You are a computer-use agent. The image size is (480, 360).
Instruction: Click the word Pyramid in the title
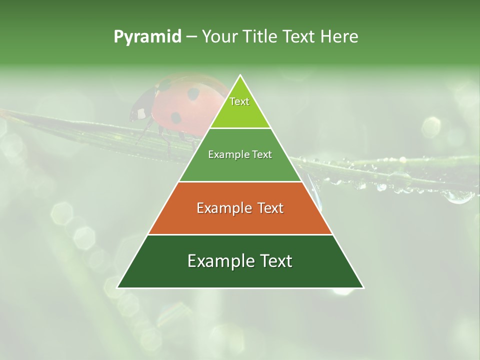point(147,37)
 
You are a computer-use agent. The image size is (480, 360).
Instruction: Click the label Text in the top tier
point(239,101)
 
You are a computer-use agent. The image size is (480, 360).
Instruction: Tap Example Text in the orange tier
point(240,208)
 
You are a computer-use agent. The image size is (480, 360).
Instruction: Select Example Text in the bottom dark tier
point(240,261)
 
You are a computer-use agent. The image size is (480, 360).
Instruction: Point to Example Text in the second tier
point(240,154)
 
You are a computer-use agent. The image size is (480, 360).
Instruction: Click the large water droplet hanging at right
point(458,196)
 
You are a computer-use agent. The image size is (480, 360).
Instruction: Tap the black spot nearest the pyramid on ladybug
point(193,93)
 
